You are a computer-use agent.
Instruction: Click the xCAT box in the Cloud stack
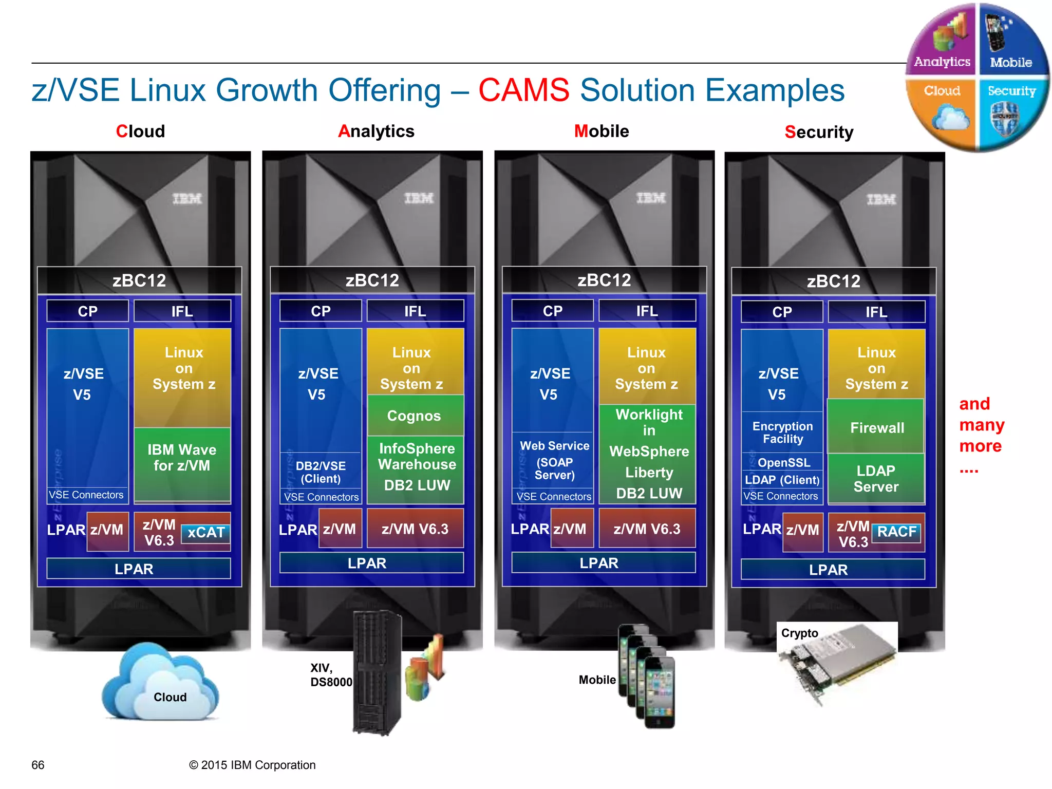point(205,533)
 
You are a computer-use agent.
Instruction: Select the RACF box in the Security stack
point(896,532)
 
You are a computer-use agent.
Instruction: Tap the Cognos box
point(414,416)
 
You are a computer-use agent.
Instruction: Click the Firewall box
point(877,427)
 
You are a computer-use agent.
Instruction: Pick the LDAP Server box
point(876,478)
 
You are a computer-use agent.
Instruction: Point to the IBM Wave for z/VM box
point(182,458)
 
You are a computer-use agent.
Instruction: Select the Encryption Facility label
point(782,433)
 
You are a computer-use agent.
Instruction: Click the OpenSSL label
point(783,463)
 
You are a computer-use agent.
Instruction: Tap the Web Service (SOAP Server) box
point(554,460)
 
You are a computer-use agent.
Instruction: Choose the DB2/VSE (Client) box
point(321,472)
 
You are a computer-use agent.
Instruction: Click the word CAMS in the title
point(523,90)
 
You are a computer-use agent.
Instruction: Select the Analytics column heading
point(376,131)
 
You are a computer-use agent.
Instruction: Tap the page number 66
point(38,765)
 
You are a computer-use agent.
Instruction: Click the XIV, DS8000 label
point(331,675)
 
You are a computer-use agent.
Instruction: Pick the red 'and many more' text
point(981,425)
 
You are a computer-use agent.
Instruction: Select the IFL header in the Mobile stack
point(647,311)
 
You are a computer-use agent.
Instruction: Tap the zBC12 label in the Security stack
point(833,281)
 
